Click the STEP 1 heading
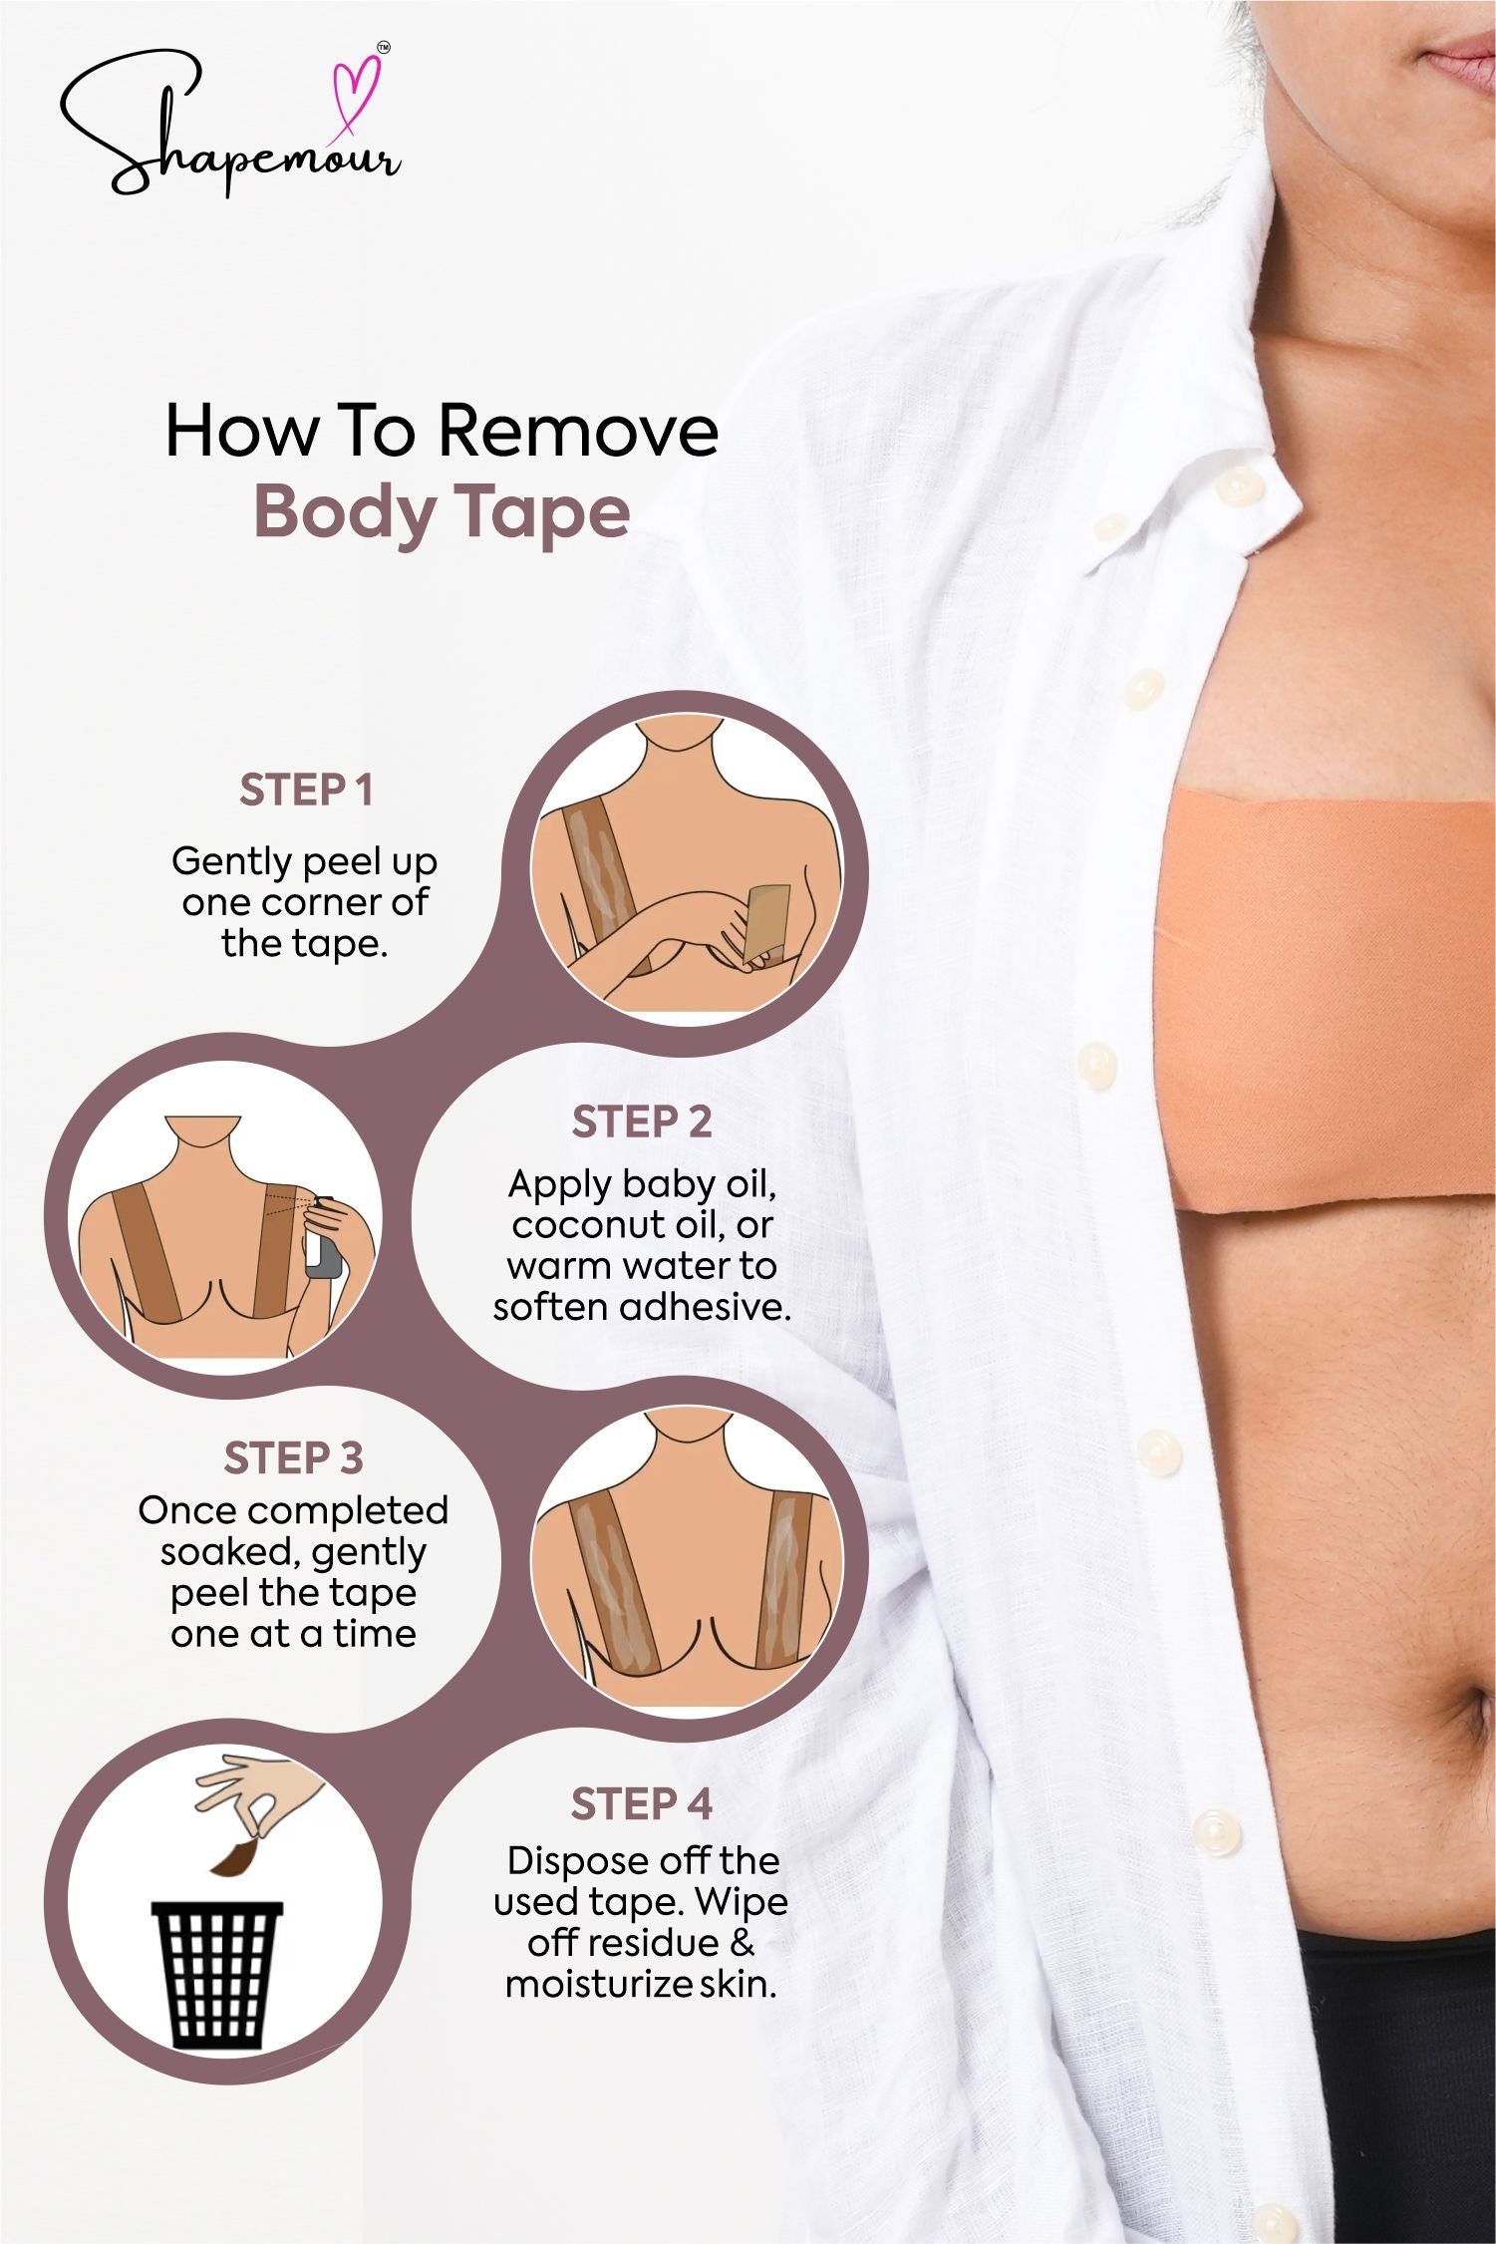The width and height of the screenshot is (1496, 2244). [306, 791]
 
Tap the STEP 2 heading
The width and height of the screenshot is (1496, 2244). [642, 1122]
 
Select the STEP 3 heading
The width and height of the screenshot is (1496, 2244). [293, 1458]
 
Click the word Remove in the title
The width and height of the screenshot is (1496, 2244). [578, 431]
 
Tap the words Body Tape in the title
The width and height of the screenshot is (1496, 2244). [442, 512]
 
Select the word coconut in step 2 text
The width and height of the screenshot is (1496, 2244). [582, 1225]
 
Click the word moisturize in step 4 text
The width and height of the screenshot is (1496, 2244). [599, 1985]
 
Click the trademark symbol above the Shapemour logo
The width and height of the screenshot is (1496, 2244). [385, 47]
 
